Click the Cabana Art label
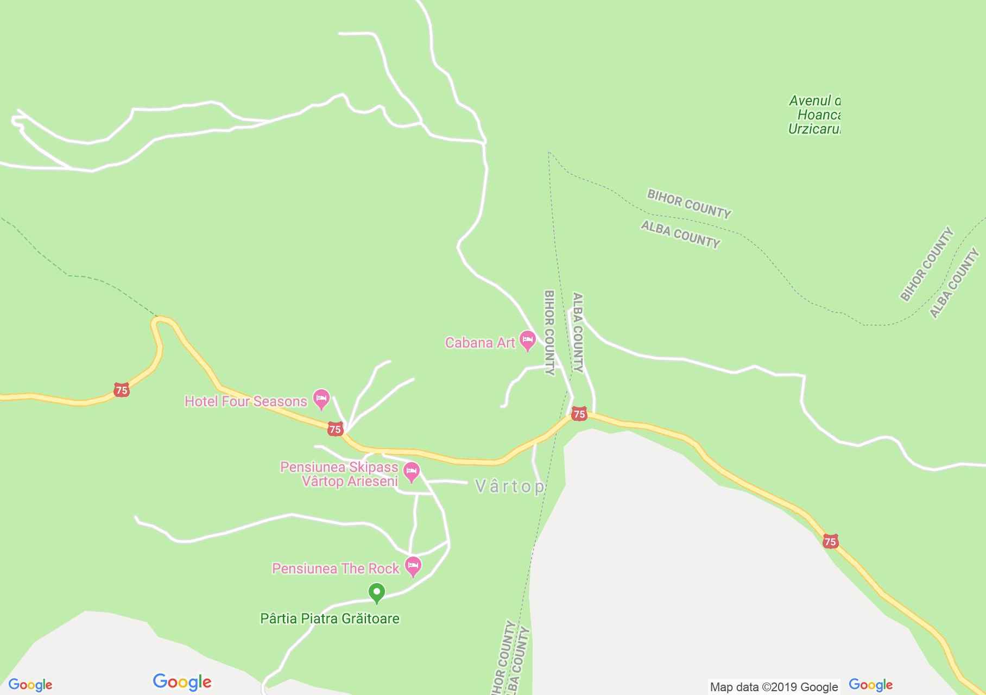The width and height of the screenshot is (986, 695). click(479, 343)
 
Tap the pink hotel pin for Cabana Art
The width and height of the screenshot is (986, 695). click(527, 340)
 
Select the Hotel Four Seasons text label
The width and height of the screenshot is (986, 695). click(246, 401)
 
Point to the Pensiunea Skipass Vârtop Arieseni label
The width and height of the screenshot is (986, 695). click(339, 474)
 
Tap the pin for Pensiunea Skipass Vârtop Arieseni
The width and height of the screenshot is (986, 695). click(412, 471)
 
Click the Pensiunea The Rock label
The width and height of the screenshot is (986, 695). click(336, 568)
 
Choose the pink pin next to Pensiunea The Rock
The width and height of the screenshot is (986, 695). click(413, 566)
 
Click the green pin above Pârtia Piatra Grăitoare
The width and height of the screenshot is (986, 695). click(377, 592)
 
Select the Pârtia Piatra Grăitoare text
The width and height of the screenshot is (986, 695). click(330, 618)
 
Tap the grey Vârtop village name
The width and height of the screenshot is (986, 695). click(509, 486)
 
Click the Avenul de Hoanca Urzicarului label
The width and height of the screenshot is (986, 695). click(814, 115)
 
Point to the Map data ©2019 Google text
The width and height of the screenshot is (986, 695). click(774, 687)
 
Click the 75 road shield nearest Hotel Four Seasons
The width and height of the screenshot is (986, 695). click(335, 429)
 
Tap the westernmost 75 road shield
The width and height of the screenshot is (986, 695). click(122, 390)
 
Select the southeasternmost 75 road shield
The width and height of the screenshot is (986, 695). click(830, 541)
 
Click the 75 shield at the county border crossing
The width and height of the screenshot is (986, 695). click(579, 414)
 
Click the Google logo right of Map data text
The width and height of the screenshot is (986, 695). click(870, 685)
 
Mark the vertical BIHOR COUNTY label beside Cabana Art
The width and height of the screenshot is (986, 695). click(549, 332)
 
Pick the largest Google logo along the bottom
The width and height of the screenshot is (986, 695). click(182, 682)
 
